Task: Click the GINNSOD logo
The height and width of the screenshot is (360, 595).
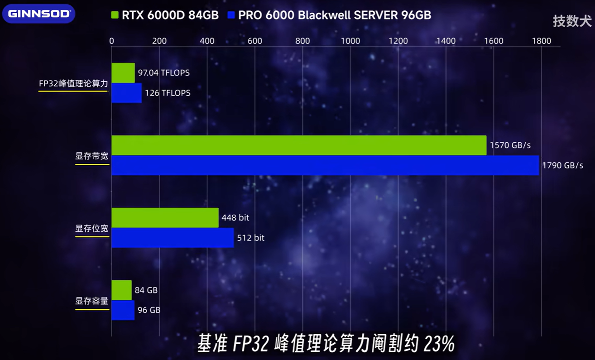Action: coord(38,14)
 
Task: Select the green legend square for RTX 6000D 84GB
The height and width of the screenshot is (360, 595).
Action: coord(115,15)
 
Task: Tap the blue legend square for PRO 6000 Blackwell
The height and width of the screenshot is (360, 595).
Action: coord(232,15)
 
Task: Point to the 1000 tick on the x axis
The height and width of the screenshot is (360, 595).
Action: coord(350,41)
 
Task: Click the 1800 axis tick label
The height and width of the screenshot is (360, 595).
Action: coord(541,41)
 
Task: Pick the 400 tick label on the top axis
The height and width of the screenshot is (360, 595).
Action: coord(207,41)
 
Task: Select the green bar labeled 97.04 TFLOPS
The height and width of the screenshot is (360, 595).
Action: coord(123,73)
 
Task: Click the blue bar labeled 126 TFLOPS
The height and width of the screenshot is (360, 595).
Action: coord(127,93)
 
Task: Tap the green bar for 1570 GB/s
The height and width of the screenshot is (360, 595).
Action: coord(299,145)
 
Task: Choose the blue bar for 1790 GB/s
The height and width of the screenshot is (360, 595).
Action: coord(325,165)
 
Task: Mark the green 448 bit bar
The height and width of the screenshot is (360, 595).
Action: coord(165,218)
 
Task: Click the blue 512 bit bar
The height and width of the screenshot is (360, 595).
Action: coord(173,238)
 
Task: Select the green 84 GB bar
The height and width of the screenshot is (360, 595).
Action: coord(121,290)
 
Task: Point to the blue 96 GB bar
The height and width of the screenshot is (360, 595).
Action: coord(123,310)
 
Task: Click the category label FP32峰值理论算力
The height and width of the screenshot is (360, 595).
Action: coord(73,84)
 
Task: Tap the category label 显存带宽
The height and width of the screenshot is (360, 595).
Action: coord(92,156)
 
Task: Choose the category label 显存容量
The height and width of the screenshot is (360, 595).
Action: coord(92,301)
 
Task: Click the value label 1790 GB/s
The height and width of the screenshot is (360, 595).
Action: coord(562,165)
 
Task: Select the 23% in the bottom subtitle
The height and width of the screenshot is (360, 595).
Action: coord(439,345)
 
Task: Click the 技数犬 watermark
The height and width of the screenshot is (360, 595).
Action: coord(572,21)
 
